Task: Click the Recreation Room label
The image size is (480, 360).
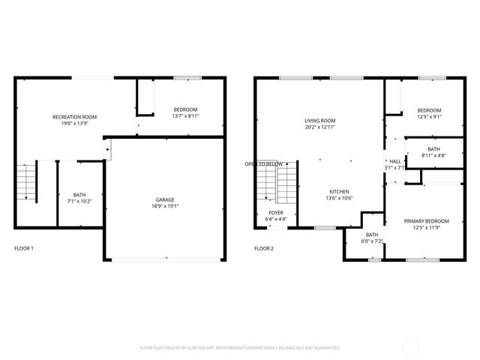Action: pos(74,117)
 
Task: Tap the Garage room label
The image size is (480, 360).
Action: pos(165,199)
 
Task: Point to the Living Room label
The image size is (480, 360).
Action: pos(319,121)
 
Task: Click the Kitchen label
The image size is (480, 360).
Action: pos(339,190)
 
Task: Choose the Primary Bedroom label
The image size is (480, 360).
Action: pos(426,221)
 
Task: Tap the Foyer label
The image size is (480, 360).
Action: pos(276,213)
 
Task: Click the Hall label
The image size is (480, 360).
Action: pos(394,161)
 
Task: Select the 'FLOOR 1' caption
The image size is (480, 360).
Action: pos(24,248)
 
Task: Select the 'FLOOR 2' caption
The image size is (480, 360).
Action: pos(264,248)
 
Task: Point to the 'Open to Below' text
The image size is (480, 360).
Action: pos(263,164)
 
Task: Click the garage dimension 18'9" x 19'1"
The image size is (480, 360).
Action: pos(165,206)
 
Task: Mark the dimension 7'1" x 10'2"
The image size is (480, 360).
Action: pos(79,201)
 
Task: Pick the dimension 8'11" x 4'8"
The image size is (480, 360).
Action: pos(433,155)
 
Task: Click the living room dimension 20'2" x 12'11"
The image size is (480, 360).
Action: pos(319,127)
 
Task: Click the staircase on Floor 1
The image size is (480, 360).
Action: pos(27,181)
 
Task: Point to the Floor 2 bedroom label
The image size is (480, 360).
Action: pos(429,109)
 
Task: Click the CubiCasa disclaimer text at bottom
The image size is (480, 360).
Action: pos(240,348)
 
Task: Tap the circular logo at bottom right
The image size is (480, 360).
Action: pos(412,347)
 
